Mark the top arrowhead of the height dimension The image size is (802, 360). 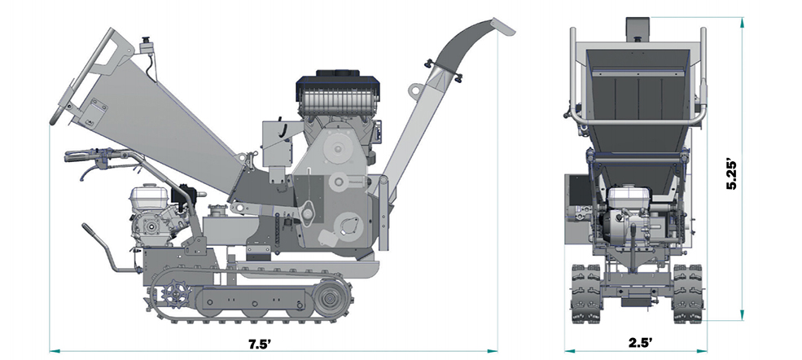pyautogui.click(x=742, y=24)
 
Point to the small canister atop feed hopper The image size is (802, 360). pyautogui.click(x=147, y=46)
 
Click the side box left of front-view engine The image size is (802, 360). pyautogui.click(x=576, y=208)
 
